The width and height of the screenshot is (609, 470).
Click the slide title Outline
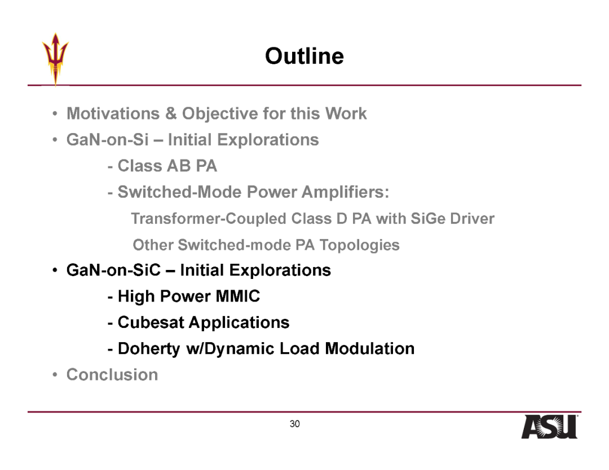tap(304, 56)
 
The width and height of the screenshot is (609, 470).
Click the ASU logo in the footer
tap(549, 427)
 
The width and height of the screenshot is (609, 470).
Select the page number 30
tap(294, 424)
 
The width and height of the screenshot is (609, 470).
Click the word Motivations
tap(113, 114)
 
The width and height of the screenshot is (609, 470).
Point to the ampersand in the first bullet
tap(171, 114)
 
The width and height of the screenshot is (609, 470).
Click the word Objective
tap(220, 114)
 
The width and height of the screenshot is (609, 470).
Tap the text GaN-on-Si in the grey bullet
tap(107, 140)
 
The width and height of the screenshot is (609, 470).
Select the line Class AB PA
tap(162, 166)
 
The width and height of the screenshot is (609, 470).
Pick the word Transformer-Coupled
tap(209, 219)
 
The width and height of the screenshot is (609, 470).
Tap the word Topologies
tap(359, 245)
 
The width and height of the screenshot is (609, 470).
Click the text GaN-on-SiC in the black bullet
tap(113, 270)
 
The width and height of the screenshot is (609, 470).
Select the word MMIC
tap(238, 296)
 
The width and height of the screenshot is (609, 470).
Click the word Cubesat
tap(151, 322)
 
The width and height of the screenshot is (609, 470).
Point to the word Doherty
tap(149, 349)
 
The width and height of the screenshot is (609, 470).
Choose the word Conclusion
tap(112, 375)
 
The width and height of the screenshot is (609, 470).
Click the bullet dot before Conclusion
tap(55, 375)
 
